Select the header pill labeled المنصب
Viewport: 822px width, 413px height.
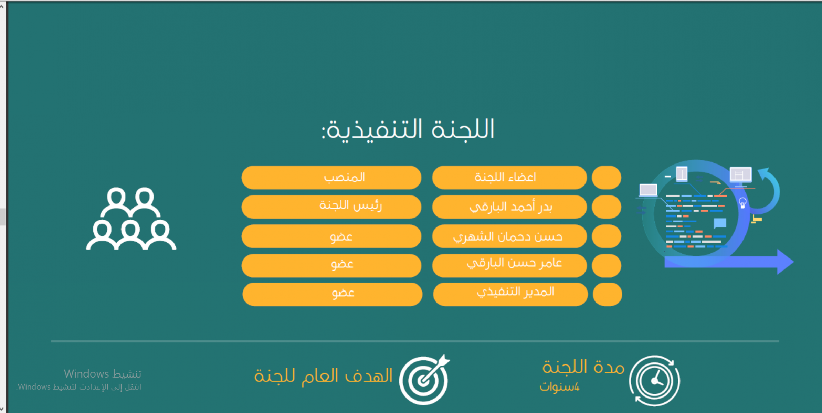pos(331,178)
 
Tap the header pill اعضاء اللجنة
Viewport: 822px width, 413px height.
pos(509,178)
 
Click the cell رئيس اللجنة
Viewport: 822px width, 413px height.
pos(331,207)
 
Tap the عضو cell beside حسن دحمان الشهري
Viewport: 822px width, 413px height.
pos(331,236)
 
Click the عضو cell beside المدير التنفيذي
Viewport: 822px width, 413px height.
pos(332,294)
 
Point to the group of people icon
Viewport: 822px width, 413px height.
pos(131,219)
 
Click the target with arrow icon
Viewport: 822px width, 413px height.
pos(424,380)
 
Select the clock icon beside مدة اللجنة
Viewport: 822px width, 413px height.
pos(654,381)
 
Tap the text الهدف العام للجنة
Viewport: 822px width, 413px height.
pos(324,375)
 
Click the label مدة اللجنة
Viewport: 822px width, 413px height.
pos(583,367)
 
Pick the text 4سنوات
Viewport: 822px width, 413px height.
pos(560,387)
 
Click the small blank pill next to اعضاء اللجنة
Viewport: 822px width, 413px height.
pos(607,178)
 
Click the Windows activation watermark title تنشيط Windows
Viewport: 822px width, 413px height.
pos(103,374)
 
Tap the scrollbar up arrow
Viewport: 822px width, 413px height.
pos(2,6)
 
